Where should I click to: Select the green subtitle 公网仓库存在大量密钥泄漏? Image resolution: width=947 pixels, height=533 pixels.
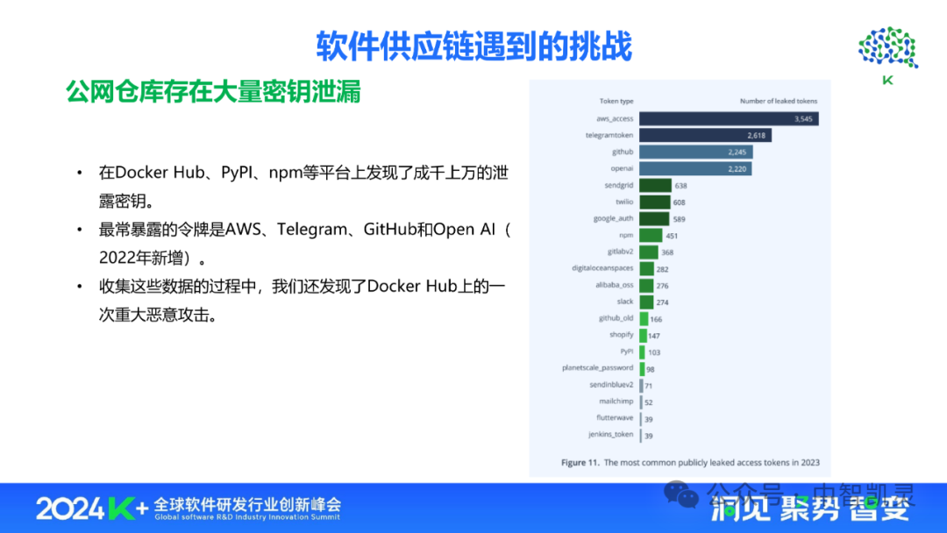[x=213, y=92]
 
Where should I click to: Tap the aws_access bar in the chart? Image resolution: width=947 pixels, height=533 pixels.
[x=728, y=118]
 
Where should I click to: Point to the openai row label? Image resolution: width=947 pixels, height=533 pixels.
[x=622, y=168]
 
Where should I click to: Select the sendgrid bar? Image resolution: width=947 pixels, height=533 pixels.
[x=655, y=185]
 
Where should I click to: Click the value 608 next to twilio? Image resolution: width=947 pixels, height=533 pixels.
[x=680, y=202]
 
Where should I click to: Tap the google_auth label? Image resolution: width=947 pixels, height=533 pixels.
[x=613, y=218]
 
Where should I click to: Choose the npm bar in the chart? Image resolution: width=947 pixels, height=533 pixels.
[x=650, y=235]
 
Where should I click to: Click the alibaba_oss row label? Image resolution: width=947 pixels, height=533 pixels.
[x=615, y=285]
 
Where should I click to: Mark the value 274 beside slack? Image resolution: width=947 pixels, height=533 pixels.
[x=663, y=302]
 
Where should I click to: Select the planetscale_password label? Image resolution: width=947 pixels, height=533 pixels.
[x=597, y=368]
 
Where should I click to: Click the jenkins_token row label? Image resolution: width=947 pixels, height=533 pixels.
[x=610, y=434]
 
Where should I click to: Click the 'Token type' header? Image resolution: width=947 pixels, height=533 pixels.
[x=616, y=101]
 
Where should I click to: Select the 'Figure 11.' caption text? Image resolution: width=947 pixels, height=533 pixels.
[x=580, y=461]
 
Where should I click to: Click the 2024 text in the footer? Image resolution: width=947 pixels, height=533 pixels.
[x=70, y=508]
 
